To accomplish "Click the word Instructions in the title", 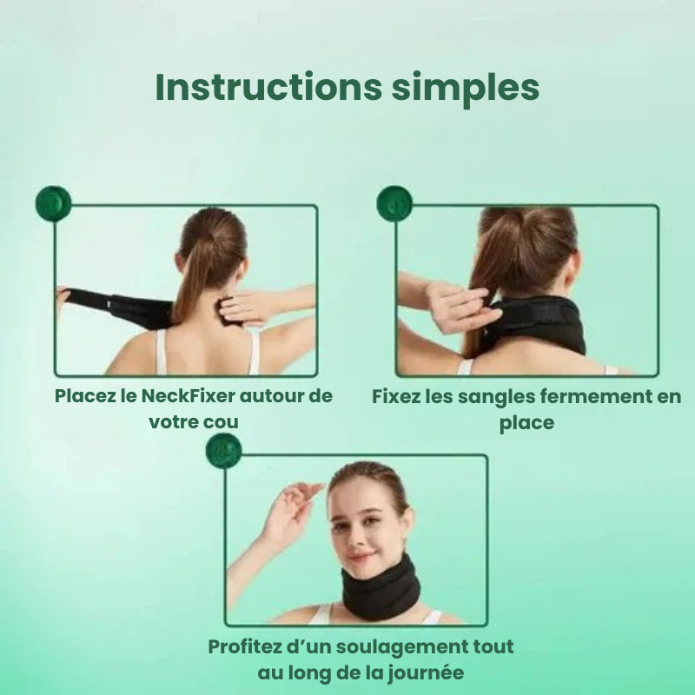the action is (268, 87).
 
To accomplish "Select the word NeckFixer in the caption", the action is (188, 396).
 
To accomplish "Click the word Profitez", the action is (245, 646).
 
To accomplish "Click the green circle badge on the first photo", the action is (53, 203).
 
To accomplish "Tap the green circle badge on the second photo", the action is (394, 203).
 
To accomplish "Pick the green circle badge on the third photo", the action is (224, 451).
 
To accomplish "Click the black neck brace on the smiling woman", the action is (381, 588).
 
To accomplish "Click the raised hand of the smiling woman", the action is (295, 509).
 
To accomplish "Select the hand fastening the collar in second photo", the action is (462, 305).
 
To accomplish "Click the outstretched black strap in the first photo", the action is (116, 307).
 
